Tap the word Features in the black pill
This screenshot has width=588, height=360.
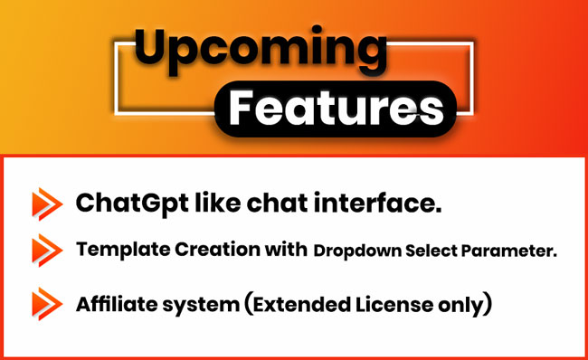coord(336,109)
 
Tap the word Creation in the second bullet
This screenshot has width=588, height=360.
coord(217,249)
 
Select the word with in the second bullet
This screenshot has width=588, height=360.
coord(286,249)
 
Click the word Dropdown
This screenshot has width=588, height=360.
coord(357,251)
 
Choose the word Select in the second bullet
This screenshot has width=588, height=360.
coord(432,251)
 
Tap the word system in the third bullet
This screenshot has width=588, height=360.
coord(201,306)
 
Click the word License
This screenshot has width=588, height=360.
coord(394,304)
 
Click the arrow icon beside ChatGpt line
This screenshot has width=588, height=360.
coord(47,204)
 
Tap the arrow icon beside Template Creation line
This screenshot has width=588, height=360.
coord(47,251)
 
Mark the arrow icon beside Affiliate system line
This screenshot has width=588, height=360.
coord(47,304)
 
